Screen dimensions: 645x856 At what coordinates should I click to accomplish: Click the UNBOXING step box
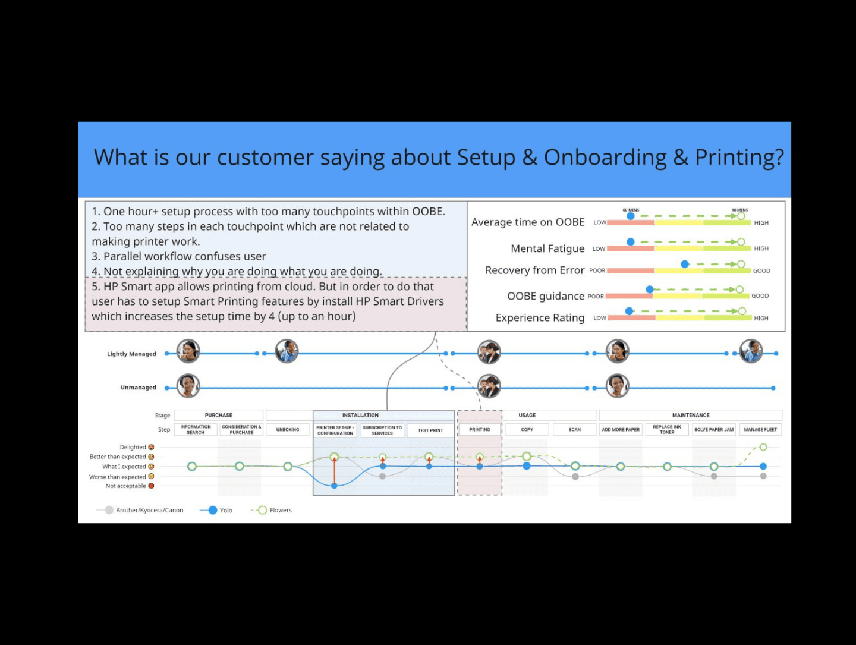tap(288, 430)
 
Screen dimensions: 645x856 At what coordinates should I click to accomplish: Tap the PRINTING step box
tap(480, 430)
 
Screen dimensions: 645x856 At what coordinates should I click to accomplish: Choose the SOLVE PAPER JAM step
tap(714, 430)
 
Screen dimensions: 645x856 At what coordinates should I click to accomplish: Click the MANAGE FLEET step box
tap(760, 430)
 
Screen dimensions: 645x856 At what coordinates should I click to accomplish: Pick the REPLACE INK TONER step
tap(667, 430)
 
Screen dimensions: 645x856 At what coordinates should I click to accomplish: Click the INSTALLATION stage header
tap(360, 416)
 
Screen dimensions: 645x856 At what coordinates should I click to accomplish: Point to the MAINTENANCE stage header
tap(691, 416)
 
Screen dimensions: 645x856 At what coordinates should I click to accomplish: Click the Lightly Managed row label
tap(131, 354)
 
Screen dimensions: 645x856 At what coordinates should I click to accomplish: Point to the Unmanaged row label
tap(138, 388)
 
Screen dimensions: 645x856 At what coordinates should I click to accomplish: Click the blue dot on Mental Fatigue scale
tap(631, 242)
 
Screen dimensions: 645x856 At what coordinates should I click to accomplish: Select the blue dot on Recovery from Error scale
tap(685, 264)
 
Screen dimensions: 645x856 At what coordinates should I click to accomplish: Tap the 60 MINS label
tap(631, 210)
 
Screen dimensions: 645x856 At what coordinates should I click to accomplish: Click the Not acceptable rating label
tap(126, 486)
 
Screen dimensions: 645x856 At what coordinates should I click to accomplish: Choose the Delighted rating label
tap(133, 447)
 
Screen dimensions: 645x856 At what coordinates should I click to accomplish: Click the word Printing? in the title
tap(739, 158)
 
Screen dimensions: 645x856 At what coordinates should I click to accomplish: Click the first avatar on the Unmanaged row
tap(188, 386)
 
